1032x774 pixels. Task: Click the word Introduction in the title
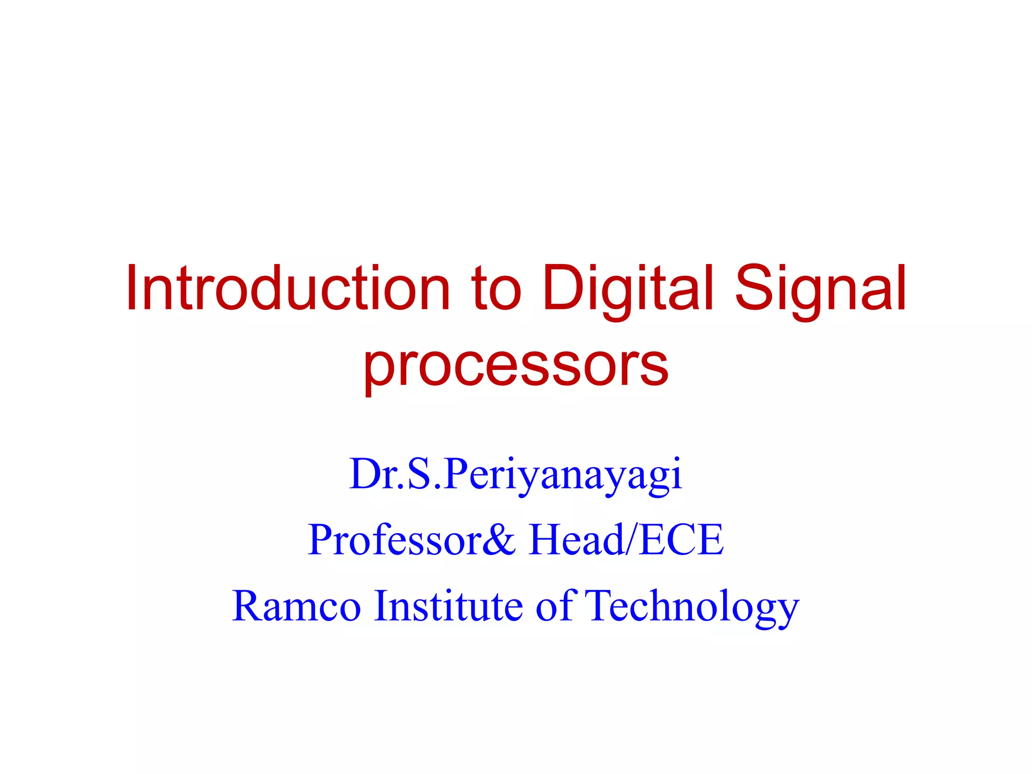(288, 289)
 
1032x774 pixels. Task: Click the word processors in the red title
(516, 365)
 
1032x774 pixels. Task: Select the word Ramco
(296, 606)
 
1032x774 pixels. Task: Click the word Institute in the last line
(448, 606)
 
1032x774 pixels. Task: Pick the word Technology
(693, 607)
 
